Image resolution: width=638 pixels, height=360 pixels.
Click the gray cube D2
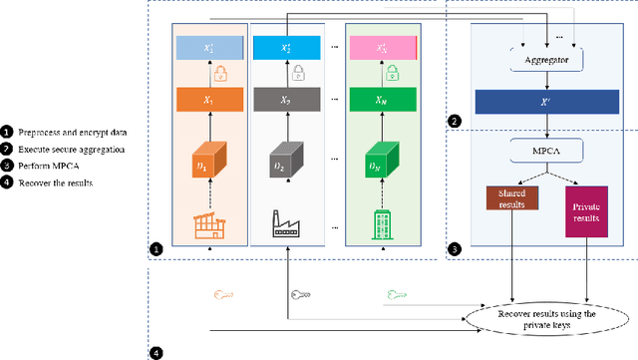[286, 162]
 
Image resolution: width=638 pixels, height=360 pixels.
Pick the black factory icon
[286, 225]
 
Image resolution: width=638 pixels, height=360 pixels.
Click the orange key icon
[225, 295]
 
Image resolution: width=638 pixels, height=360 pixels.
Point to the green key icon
[397, 295]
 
